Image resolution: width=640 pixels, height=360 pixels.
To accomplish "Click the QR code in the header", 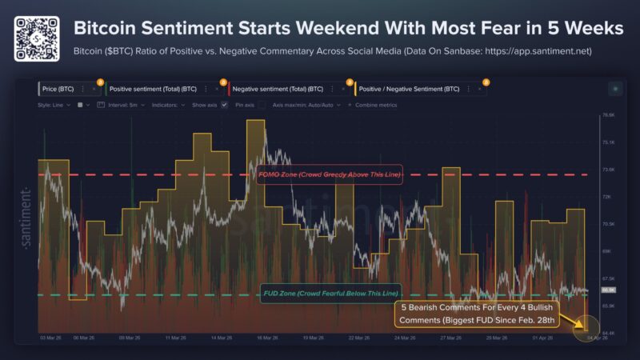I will point(38,38).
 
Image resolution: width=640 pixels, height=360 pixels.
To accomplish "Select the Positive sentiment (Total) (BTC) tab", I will point(152,89).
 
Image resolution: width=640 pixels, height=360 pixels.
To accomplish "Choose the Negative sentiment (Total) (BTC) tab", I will point(277,89).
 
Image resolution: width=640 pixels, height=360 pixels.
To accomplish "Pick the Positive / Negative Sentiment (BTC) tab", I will point(407,89).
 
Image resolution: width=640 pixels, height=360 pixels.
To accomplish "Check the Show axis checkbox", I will point(225,105).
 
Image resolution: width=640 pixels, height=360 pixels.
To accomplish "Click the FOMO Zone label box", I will point(330,174).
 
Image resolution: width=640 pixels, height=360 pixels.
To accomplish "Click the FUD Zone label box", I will point(330,294).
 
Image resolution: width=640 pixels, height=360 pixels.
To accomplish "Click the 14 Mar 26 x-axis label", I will point(221,338).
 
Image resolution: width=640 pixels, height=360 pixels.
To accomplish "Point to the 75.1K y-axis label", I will point(607,142).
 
